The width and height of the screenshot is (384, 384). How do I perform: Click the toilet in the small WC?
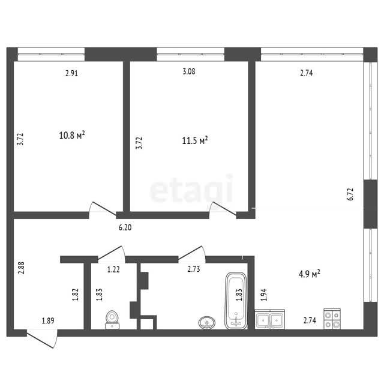(112, 320)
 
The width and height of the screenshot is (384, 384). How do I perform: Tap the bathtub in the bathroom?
(236, 301)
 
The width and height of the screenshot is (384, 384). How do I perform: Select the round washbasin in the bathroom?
(207, 323)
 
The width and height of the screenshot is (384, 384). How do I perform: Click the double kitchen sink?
(269, 319)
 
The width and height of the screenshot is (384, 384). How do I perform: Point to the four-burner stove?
(332, 319)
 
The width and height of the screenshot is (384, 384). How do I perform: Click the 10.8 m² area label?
(72, 135)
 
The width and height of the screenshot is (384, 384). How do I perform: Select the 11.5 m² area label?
(195, 140)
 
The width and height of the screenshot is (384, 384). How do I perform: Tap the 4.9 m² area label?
(310, 274)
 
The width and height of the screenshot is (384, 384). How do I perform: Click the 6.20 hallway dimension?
(125, 227)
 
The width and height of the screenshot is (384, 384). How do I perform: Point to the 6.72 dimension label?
(350, 194)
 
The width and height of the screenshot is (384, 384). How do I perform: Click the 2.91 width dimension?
(71, 73)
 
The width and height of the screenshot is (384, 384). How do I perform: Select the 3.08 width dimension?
(189, 71)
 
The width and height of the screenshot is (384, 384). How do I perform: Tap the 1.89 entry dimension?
(48, 321)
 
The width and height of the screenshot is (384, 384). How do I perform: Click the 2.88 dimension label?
(22, 268)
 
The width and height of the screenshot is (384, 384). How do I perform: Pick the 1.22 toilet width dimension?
(113, 269)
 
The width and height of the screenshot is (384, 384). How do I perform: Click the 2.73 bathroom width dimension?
(194, 269)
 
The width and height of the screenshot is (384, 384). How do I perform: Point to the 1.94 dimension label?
(264, 295)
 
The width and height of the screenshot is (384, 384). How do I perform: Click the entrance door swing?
(42, 339)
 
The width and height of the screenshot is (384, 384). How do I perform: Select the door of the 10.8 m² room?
(103, 209)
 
